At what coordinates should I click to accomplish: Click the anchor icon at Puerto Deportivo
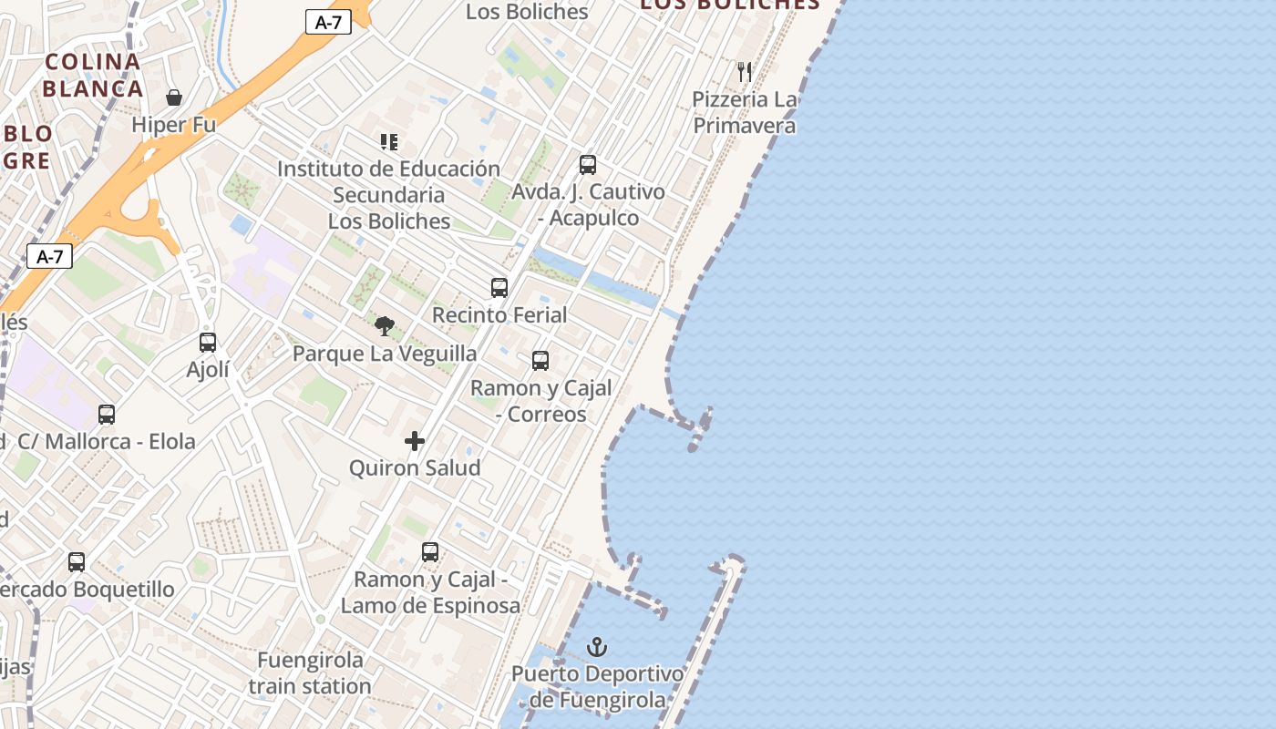click(x=597, y=648)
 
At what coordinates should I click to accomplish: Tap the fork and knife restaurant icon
click(x=745, y=71)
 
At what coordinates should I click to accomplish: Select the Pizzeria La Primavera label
click(x=745, y=112)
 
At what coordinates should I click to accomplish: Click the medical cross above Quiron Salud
click(x=415, y=441)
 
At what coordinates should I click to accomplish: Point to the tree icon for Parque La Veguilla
click(x=385, y=325)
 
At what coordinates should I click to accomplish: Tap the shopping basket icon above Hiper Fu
click(x=174, y=97)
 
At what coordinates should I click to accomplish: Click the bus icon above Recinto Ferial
click(x=499, y=288)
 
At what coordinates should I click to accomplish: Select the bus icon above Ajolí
click(x=208, y=343)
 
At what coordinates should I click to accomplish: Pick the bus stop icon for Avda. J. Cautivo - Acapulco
click(x=588, y=165)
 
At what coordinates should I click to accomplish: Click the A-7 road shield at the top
click(x=328, y=23)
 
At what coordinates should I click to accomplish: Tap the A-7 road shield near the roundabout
click(x=49, y=256)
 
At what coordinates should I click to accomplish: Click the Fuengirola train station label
click(x=310, y=673)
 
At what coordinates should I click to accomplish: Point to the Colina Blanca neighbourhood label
click(x=93, y=76)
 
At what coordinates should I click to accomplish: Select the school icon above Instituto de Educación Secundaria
click(x=389, y=142)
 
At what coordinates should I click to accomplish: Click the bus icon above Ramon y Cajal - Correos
click(x=540, y=361)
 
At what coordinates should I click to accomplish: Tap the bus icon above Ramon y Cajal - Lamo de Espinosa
click(x=430, y=552)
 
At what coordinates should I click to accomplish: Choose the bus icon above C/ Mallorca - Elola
click(x=107, y=415)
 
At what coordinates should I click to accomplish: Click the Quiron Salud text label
click(x=415, y=467)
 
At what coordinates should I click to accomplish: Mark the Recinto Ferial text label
click(x=499, y=314)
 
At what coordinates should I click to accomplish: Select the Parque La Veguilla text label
click(x=385, y=354)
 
